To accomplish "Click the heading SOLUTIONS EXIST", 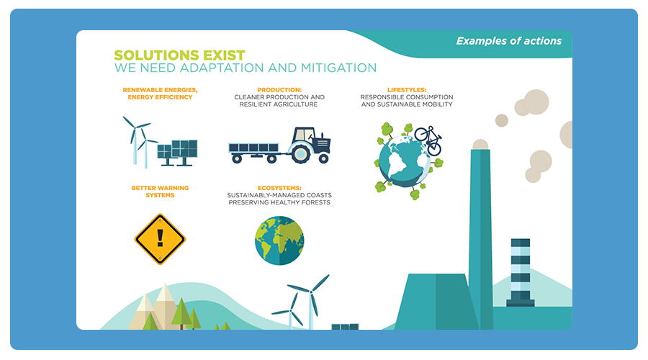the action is click(179, 55).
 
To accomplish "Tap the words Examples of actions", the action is click(509, 41).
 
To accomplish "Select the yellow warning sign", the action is click(160, 239).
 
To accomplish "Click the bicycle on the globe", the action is click(428, 140).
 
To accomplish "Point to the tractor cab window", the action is click(304, 135).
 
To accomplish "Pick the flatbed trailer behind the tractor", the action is click(254, 152).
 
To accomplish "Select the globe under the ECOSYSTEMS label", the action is click(279, 240).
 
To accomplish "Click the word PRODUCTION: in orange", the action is click(279, 90).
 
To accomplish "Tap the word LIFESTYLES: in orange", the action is click(407, 90).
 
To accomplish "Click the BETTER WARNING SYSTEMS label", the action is click(160, 192).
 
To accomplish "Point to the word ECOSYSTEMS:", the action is click(279, 188).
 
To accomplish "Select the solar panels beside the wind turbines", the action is click(178, 152).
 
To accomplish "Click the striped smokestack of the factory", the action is click(521, 272).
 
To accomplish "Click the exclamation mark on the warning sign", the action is click(160, 238).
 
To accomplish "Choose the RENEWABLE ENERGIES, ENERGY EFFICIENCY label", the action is click(160, 94).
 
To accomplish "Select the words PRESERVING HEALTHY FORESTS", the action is click(279, 202).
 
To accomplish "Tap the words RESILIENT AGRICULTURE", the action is click(279, 104).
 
